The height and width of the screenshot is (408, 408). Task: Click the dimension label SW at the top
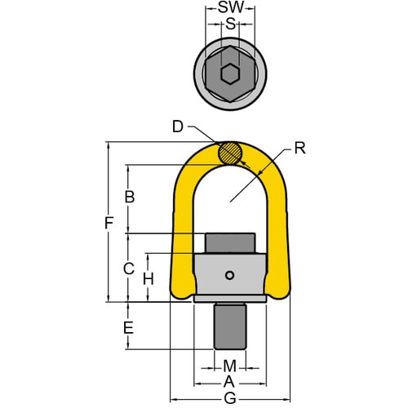tap(229, 7)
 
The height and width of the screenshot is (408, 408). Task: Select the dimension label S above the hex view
tap(230, 25)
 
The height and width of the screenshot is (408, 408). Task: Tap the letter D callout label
tap(178, 126)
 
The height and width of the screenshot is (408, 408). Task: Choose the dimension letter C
tap(128, 268)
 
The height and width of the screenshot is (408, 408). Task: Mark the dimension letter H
tap(148, 278)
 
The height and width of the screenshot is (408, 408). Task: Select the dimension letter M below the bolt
tap(229, 364)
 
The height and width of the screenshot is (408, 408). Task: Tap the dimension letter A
tap(229, 381)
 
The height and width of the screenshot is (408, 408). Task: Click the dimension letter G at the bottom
tap(229, 398)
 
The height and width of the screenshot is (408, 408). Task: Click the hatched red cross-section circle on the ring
tap(231, 153)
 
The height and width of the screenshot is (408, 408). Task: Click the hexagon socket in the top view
tap(230, 73)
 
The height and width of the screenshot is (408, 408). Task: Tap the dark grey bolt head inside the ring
tap(230, 243)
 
